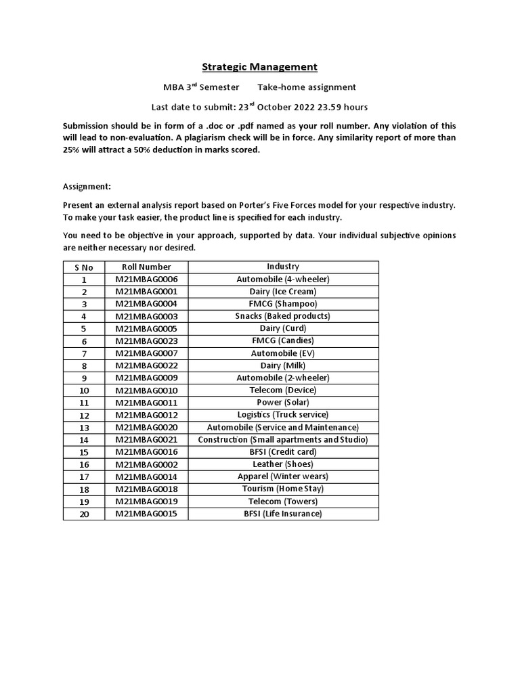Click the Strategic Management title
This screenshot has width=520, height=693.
click(260, 66)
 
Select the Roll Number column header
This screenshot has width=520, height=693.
click(146, 267)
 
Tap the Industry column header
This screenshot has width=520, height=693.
click(282, 267)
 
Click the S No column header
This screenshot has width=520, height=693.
click(84, 267)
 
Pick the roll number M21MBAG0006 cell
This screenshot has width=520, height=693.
click(146, 279)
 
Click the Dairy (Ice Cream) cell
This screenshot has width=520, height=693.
click(282, 292)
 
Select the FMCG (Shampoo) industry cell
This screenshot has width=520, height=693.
click(282, 304)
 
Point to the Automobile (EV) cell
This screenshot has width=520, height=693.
click(282, 353)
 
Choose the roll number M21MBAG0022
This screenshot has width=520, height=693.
click(146, 365)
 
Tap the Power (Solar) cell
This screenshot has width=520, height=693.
click(282, 402)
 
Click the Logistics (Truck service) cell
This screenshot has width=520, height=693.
click(282, 414)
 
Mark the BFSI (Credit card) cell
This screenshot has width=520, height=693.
click(282, 451)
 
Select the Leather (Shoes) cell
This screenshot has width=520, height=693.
click(282, 464)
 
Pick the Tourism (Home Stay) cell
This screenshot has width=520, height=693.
click(282, 489)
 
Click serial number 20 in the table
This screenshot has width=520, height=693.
click(84, 514)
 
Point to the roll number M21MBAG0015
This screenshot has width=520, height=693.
click(146, 514)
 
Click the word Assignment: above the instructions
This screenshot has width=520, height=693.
click(87, 186)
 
